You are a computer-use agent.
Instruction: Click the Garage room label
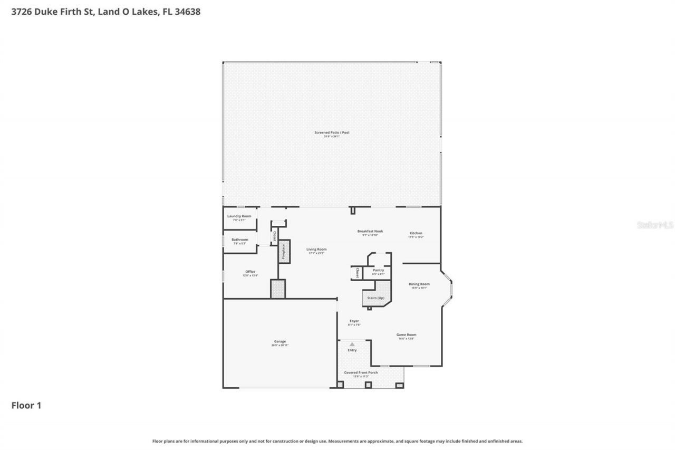click(280, 342)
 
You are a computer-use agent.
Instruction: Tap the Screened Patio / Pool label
click(332, 133)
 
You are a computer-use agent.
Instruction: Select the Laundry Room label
click(239, 216)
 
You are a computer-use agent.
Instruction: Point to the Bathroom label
click(239, 240)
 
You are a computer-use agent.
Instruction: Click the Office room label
click(250, 272)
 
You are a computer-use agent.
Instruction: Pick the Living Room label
click(316, 250)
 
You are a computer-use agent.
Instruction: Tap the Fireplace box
click(284, 252)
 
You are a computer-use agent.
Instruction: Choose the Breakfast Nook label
click(370, 232)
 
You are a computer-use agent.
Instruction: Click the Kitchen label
click(416, 234)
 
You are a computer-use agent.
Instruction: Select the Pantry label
click(378, 271)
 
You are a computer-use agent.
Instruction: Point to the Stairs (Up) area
click(375, 298)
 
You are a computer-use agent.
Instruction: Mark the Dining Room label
click(419, 284)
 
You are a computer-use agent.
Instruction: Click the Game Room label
click(407, 335)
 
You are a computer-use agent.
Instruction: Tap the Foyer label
click(354, 321)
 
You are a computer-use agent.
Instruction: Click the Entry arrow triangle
click(352, 344)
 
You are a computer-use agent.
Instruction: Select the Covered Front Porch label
click(361, 373)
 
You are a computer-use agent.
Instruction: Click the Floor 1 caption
click(26, 405)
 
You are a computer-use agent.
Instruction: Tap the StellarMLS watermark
click(655, 225)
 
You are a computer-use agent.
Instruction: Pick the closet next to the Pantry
click(357, 273)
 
